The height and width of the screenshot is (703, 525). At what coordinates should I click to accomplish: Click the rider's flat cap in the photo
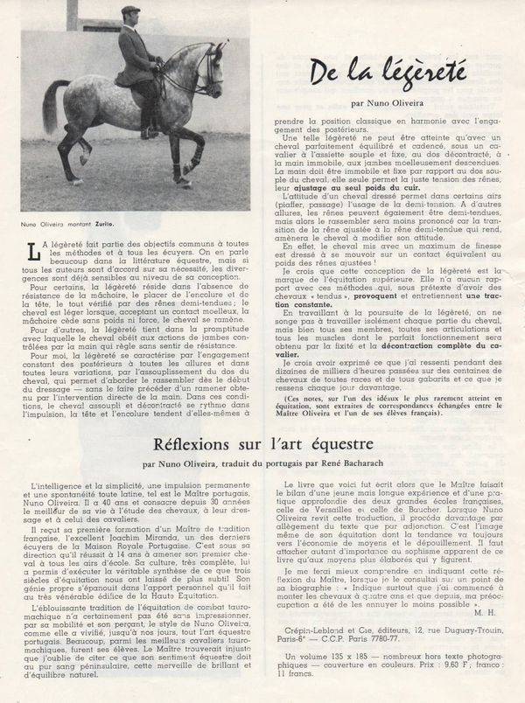pos(131,11)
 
